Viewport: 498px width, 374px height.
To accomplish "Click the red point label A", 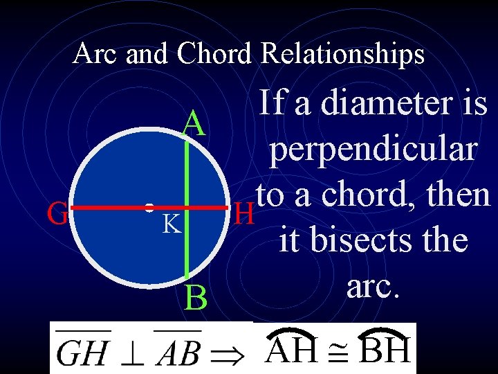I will [x=194, y=125].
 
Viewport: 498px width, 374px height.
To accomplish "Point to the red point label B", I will [x=196, y=299].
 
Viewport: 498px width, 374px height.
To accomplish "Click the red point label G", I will [x=57, y=213].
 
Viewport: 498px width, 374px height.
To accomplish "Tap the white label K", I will [x=172, y=224].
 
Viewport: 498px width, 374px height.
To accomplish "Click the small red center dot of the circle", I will [x=149, y=206].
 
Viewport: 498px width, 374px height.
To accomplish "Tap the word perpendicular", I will [x=374, y=149].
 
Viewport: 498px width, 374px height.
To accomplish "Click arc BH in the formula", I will [x=385, y=349].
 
